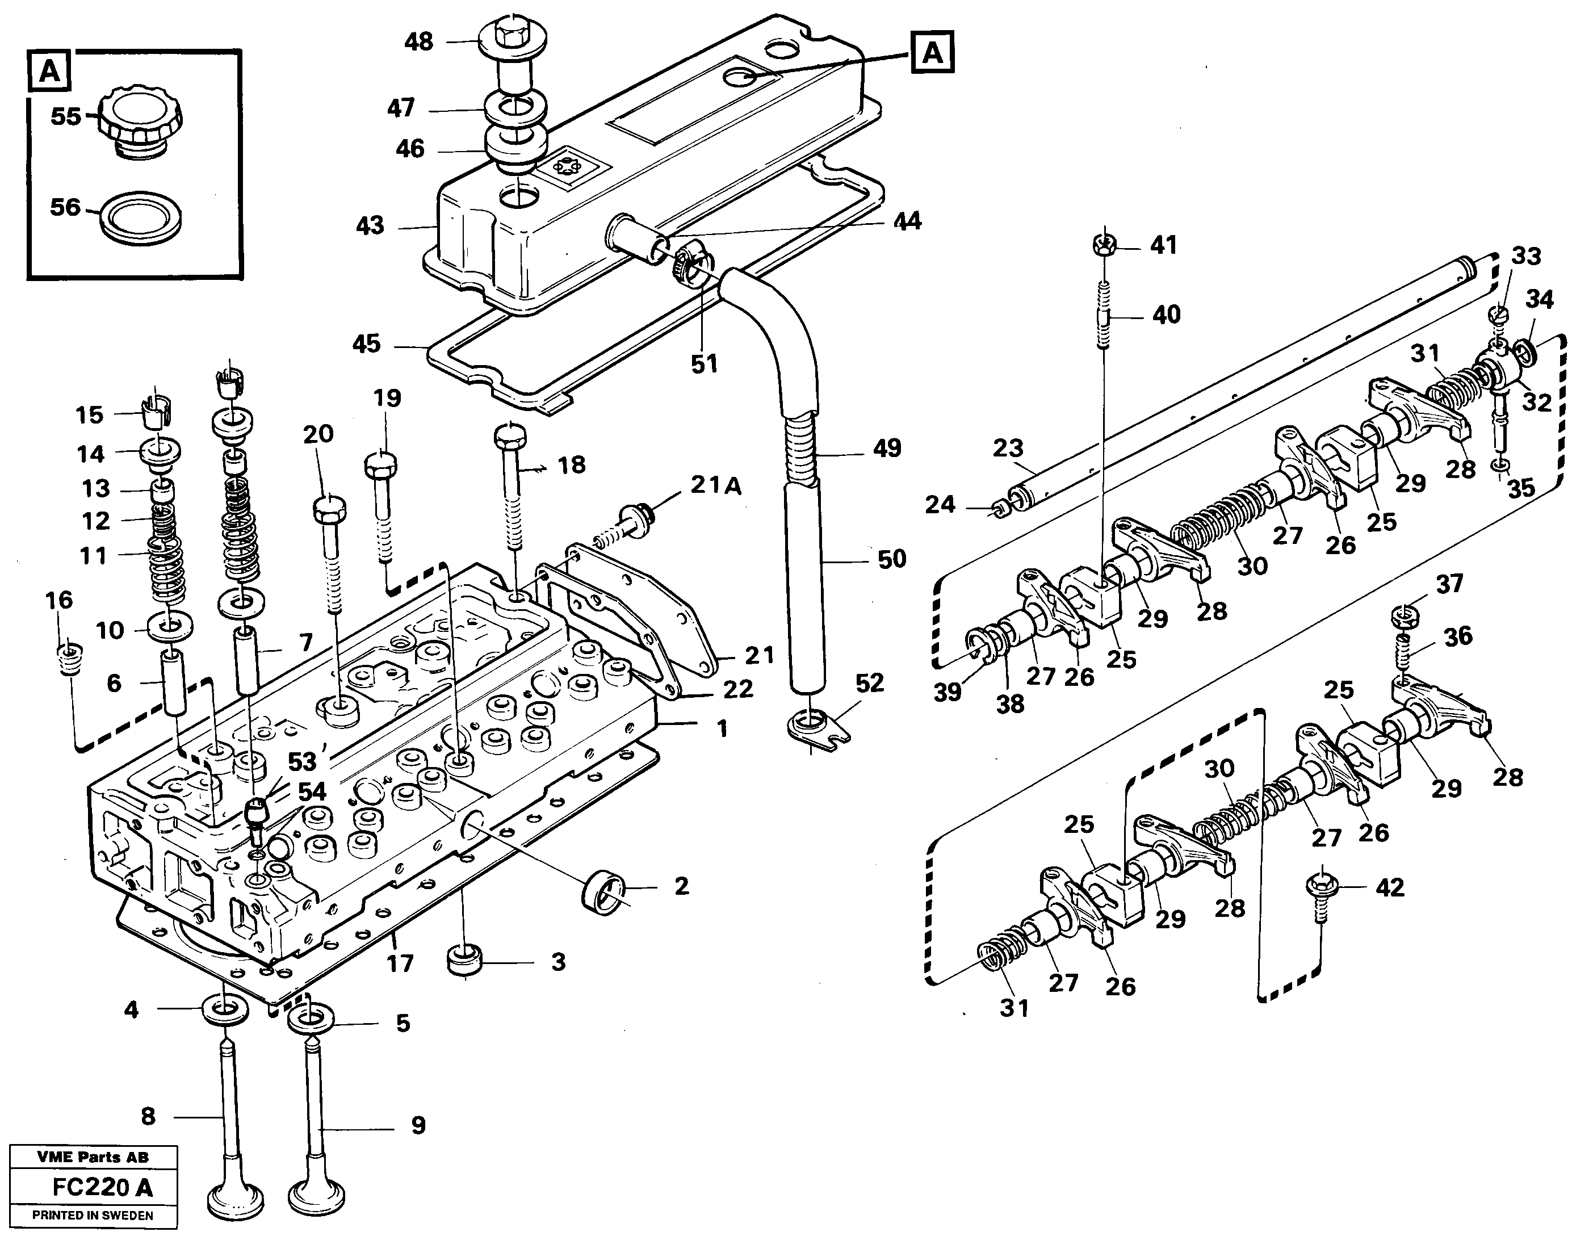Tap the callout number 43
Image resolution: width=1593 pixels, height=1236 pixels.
coord(370,225)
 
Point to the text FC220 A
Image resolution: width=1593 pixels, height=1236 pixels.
coord(102,1188)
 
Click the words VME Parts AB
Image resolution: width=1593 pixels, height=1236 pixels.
coord(92,1157)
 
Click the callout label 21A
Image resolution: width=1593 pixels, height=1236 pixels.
coord(715,485)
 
